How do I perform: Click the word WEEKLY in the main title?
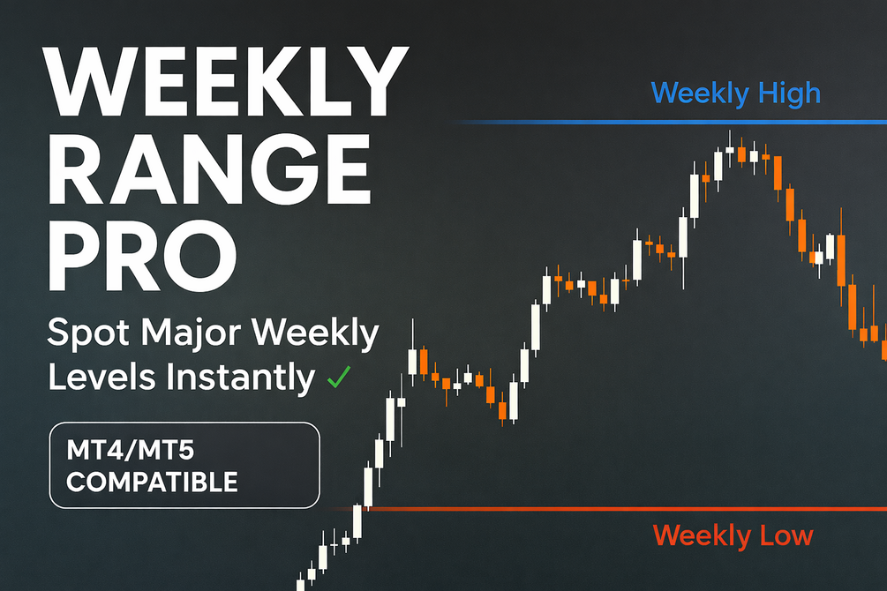point(226,83)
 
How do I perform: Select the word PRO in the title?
point(142,257)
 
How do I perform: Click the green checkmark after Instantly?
point(339,378)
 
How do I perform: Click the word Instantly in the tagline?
point(240,378)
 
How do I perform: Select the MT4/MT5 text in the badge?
point(130,451)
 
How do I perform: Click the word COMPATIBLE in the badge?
point(152,483)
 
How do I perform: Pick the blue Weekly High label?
point(735,94)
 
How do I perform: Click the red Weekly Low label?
point(733,535)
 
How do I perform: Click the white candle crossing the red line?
point(357,521)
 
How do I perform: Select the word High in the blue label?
point(789,94)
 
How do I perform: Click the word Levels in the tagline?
point(101,378)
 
